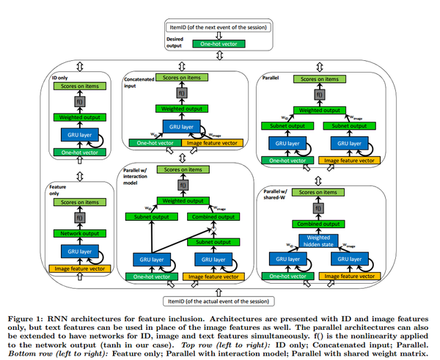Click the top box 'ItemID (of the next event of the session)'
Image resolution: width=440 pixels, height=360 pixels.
click(x=220, y=28)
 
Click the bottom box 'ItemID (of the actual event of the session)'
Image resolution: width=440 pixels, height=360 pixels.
click(x=220, y=300)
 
